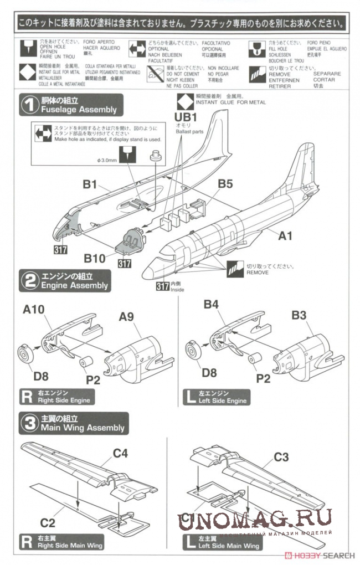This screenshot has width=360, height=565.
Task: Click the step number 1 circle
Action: (x=29, y=105)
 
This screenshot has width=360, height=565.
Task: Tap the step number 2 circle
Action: (x=29, y=280)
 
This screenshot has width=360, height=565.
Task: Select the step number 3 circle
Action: (x=29, y=423)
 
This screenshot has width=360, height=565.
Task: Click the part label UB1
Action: (x=186, y=117)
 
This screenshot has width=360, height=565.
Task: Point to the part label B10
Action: (x=95, y=259)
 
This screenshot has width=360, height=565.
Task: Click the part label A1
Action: (x=285, y=236)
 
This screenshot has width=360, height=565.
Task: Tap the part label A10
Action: (x=34, y=311)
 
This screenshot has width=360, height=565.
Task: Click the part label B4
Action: (x=212, y=304)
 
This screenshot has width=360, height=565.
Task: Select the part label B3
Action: (x=299, y=315)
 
